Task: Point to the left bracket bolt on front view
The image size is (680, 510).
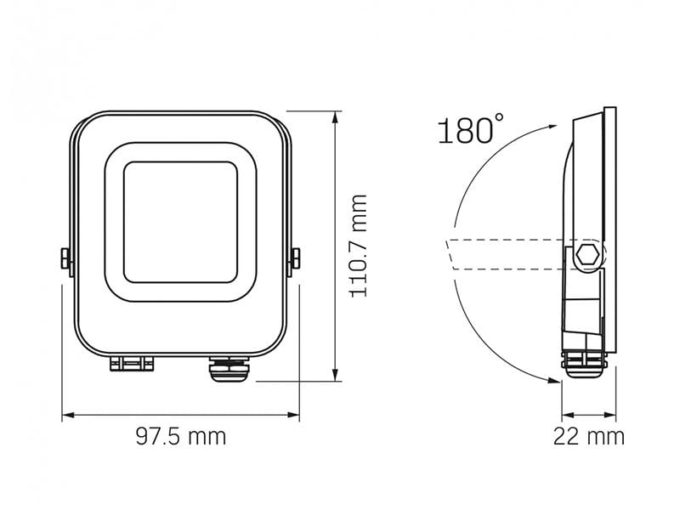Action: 64,258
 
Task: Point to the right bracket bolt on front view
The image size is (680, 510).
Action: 296,258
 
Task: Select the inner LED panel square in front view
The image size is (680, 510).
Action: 180,224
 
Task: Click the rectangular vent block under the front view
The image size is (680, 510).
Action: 130,365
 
